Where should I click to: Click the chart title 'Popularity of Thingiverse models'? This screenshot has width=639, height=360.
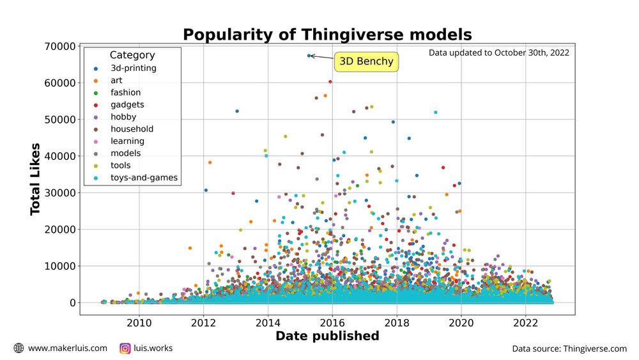327,34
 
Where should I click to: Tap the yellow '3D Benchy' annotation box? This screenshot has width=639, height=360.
367,62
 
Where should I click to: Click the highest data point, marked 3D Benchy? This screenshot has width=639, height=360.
309,56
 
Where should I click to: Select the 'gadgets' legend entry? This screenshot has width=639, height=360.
127,105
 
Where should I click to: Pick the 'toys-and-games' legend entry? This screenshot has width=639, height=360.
143,178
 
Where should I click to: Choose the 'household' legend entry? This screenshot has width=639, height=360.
131,129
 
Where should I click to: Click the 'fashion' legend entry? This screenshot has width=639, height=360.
125,93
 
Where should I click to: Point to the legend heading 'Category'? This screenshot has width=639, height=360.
132,56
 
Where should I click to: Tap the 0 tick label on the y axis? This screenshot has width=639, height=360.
73,302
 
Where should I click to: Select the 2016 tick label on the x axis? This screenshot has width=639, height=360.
332,322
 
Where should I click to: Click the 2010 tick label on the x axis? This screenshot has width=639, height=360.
139,322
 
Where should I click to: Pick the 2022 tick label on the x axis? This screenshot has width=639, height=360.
525,322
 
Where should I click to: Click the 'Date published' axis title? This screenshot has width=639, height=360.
327,336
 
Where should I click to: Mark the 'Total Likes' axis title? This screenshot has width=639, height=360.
36,179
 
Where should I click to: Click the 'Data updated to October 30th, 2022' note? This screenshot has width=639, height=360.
498,53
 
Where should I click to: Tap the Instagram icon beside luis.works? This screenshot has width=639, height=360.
125,348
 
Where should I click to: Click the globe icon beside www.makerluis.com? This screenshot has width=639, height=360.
19,348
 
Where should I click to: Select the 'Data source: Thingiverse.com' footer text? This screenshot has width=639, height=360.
569,349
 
